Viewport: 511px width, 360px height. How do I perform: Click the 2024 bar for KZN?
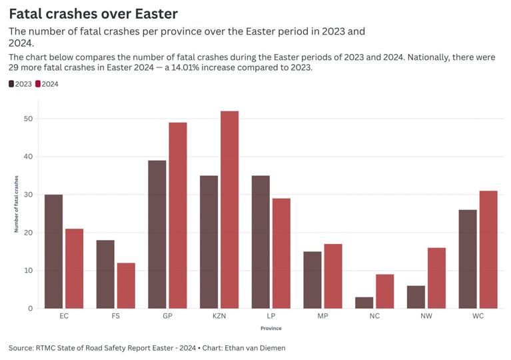click(230, 209)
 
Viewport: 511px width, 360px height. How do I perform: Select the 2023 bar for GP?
click(157, 234)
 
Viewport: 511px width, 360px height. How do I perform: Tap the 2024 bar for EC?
click(74, 268)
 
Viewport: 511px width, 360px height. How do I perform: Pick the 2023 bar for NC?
click(364, 303)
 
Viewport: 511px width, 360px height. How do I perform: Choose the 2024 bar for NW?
click(436, 278)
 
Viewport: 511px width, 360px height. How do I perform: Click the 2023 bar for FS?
click(105, 274)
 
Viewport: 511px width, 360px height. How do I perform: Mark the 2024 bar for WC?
click(488, 249)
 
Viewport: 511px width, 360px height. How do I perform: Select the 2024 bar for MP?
click(333, 276)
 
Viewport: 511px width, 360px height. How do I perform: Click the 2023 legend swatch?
click(11, 84)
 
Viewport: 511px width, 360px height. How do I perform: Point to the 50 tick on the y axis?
click(27, 119)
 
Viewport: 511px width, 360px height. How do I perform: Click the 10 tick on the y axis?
click(27, 271)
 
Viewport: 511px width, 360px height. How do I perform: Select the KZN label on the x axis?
click(219, 316)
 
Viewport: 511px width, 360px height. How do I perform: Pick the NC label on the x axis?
click(374, 316)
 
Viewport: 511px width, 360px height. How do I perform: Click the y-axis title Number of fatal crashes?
click(17, 204)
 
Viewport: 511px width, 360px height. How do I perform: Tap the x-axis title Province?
click(270, 328)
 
